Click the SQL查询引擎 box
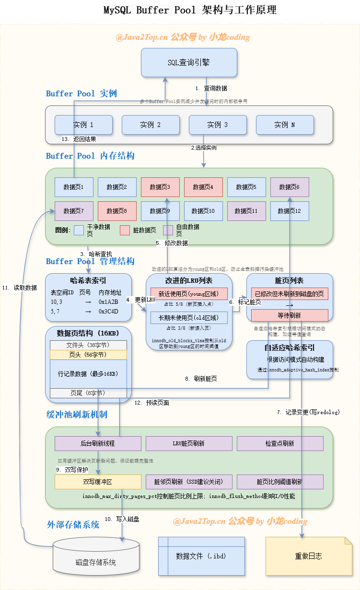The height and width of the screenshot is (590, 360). click(x=189, y=62)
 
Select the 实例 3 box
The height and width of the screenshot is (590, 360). click(x=218, y=125)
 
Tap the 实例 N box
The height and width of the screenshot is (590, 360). click(x=285, y=125)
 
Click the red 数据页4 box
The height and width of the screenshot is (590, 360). click(x=203, y=187)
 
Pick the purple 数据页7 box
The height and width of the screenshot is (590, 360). click(x=74, y=211)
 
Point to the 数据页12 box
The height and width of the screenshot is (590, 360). click(x=290, y=211)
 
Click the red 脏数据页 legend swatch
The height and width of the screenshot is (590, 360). click(x=125, y=230)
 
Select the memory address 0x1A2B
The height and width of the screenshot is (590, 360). click(x=108, y=302)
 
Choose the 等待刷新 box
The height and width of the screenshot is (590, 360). click(x=290, y=315)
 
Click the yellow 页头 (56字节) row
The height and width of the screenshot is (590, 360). click(x=88, y=355)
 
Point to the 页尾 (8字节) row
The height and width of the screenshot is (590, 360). click(x=88, y=393)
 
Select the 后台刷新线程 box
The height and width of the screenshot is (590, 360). click(x=98, y=443)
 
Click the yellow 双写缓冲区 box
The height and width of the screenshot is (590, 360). click(x=98, y=482)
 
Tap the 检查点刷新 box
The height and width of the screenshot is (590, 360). click(x=280, y=443)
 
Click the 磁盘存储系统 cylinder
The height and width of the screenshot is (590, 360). click(x=96, y=556)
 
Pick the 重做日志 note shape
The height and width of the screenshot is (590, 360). click(x=309, y=556)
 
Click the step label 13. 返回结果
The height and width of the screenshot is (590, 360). click(x=79, y=139)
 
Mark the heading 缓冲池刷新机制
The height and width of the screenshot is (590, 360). click(x=76, y=414)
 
